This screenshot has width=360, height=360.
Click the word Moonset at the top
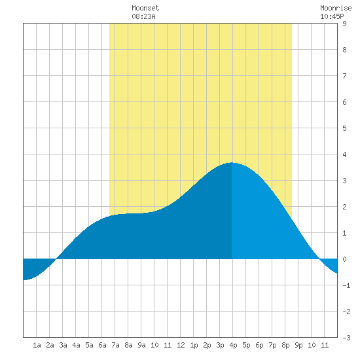coord(145,8)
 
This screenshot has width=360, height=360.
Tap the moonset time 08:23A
coord(143,16)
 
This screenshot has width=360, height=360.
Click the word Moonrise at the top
coord(336,8)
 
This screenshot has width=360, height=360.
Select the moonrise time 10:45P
coord(332,16)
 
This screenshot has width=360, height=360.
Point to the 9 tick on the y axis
coord(344,24)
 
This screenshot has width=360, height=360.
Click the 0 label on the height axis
coord(344,259)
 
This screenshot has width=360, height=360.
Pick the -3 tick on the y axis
coord(346,338)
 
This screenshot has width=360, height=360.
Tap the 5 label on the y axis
coord(344,128)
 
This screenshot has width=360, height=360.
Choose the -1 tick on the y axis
coord(346,285)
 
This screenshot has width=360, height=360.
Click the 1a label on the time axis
coord(37,345)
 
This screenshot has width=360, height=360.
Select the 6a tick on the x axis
coord(102,345)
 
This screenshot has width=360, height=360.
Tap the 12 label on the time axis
coord(181,345)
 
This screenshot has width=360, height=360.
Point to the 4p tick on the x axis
coord(233,345)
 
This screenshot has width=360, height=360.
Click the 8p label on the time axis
coord(285,345)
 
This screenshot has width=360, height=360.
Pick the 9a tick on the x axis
coord(141,345)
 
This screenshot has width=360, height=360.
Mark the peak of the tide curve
coord(232,163)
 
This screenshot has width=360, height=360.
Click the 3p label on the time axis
coord(220,345)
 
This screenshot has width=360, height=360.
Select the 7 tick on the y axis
coord(344,76)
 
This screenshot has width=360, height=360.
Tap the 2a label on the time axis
coord(50,345)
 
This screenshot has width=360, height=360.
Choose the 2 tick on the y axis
coord(344,207)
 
